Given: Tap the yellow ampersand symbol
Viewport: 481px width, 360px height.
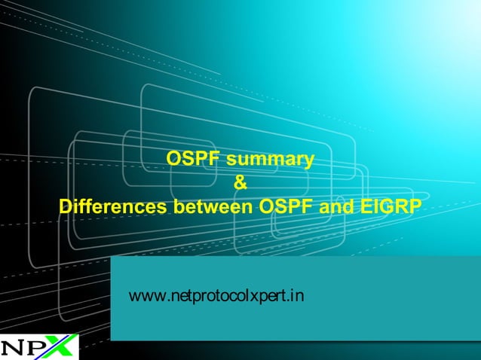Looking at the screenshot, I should coord(240,182).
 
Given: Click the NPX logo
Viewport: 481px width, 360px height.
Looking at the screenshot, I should coord(38,346).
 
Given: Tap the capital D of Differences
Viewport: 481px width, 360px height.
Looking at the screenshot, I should coord(65,206).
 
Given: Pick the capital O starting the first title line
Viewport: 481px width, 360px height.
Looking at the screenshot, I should coord(173,160).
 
